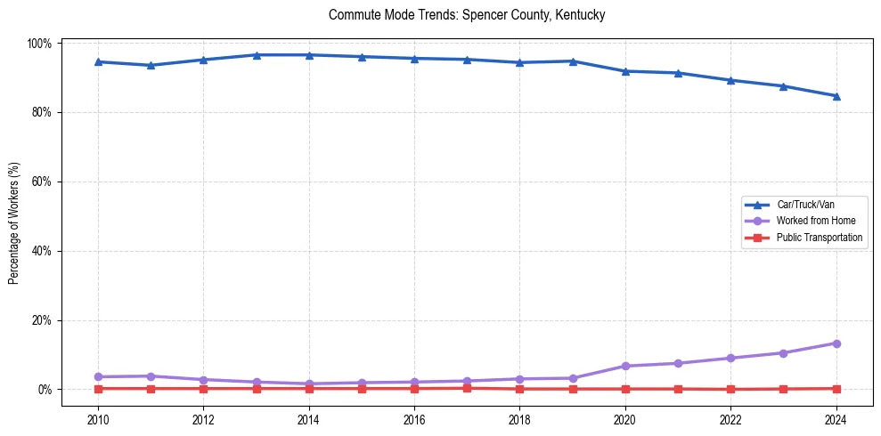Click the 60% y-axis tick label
tap(41, 182)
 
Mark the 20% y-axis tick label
tap(41, 320)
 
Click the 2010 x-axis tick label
tap(98, 420)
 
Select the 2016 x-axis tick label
tap(414, 420)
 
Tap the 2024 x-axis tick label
tap(836, 420)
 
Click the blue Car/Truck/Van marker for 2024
tap(836, 96)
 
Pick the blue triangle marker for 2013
tap(257, 55)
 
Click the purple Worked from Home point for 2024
tap(836, 343)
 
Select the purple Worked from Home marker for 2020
tap(625, 366)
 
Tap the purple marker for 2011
tap(151, 376)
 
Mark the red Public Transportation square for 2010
tap(98, 389)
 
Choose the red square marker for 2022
tap(730, 389)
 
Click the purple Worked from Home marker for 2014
tap(309, 384)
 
